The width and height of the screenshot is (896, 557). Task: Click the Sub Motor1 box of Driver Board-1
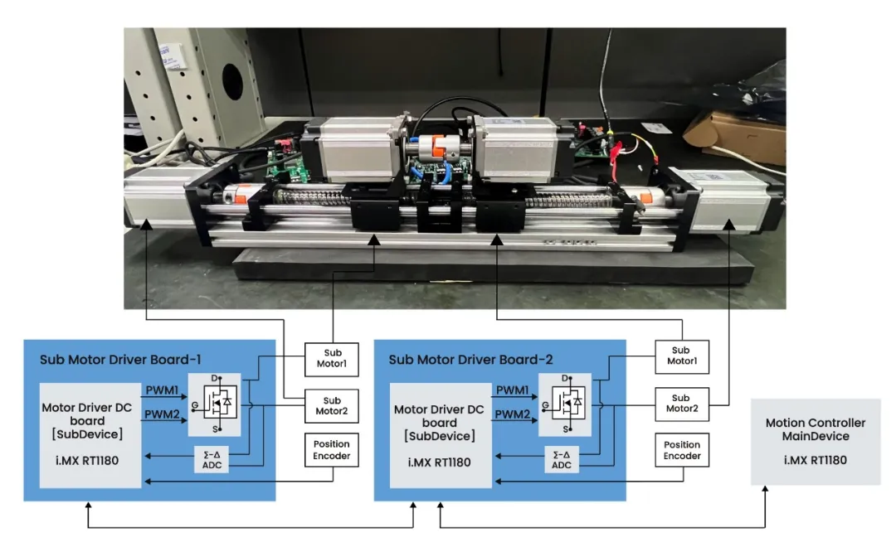point(332,357)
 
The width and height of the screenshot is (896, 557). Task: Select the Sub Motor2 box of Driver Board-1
point(332,404)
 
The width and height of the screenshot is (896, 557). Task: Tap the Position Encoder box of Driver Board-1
point(332,450)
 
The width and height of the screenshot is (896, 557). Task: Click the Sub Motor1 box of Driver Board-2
point(680,357)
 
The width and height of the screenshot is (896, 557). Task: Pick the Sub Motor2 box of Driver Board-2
point(680,404)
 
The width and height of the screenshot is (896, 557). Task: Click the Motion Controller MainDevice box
point(816,441)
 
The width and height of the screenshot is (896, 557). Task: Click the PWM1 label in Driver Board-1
point(163,388)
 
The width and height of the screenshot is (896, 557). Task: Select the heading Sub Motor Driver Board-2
point(470,360)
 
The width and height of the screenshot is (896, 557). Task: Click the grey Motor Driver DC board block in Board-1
point(90,434)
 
